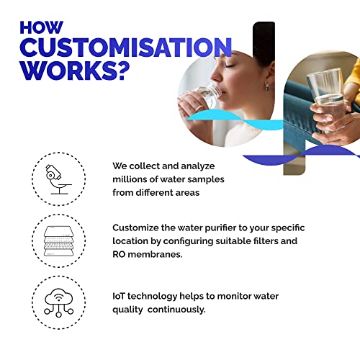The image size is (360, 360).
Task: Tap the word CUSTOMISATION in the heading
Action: (126, 49)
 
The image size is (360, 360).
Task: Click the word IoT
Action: (120, 297)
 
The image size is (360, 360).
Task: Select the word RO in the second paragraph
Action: (120, 254)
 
